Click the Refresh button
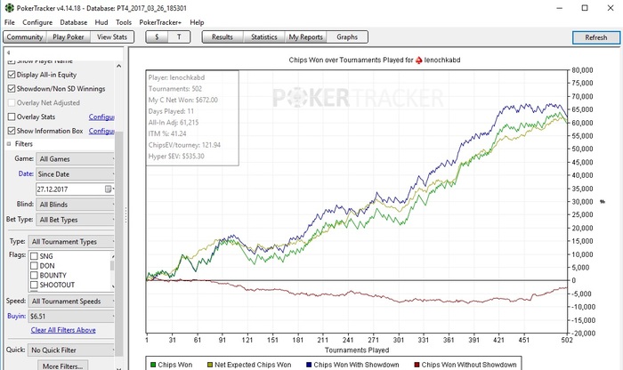pos(595,37)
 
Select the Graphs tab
pos(347,37)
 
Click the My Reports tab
pos(306,37)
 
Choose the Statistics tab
pos(264,37)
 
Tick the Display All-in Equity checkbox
pos(12,74)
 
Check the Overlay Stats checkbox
pos(12,117)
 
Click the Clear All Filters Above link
pos(63,330)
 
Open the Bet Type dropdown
pos(75,219)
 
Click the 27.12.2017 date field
pos(69,189)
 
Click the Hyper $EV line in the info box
pos(176,156)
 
